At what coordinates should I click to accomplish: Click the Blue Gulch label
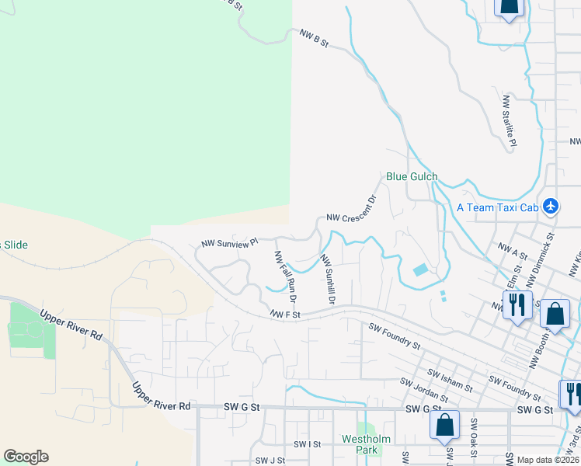click(412, 176)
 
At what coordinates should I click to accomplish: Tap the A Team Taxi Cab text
click(497, 207)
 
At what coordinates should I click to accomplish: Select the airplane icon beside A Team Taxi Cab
click(551, 207)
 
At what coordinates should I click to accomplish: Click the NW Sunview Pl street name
click(229, 244)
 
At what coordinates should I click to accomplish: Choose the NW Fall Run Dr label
click(285, 276)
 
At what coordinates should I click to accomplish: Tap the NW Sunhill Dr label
click(328, 280)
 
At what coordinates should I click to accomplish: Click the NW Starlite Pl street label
click(510, 120)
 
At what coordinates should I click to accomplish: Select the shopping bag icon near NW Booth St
click(554, 314)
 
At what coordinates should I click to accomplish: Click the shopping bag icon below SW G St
click(444, 426)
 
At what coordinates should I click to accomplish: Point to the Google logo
click(26, 457)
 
